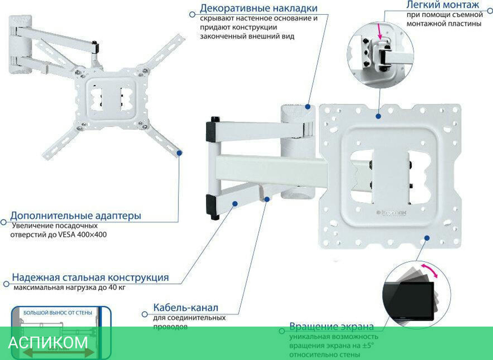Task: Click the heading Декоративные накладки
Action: pyautogui.click(x=258, y=8)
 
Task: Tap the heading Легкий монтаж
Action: pyautogui.click(x=442, y=5)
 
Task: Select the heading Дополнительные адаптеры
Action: pyautogui.click(x=75, y=216)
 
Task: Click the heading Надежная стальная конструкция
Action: pyautogui.click(x=90, y=277)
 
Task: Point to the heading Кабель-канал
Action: pyautogui.click(x=185, y=308)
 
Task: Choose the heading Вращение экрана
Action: pyautogui.click(x=331, y=326)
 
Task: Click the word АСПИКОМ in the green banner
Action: pyautogui.click(x=48, y=342)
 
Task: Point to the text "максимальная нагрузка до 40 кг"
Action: pyautogui.click(x=69, y=288)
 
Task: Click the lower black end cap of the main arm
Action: pyautogui.click(x=213, y=207)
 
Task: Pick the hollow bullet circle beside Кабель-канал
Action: pyautogui.click(x=144, y=314)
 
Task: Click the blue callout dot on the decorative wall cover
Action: pyautogui.click(x=307, y=106)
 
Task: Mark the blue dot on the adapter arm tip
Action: pyautogui.click(x=179, y=153)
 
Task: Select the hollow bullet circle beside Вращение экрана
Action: pyautogui.click(x=281, y=331)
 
